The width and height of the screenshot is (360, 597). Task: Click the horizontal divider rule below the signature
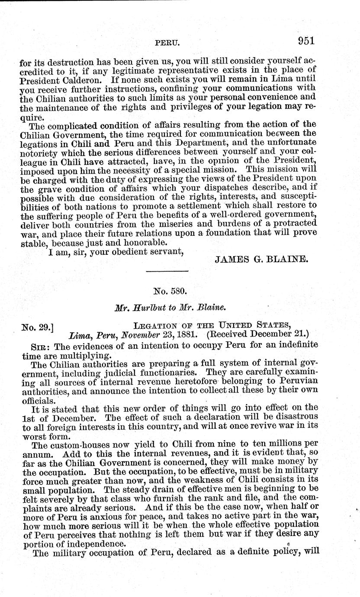click(x=167, y=271)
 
